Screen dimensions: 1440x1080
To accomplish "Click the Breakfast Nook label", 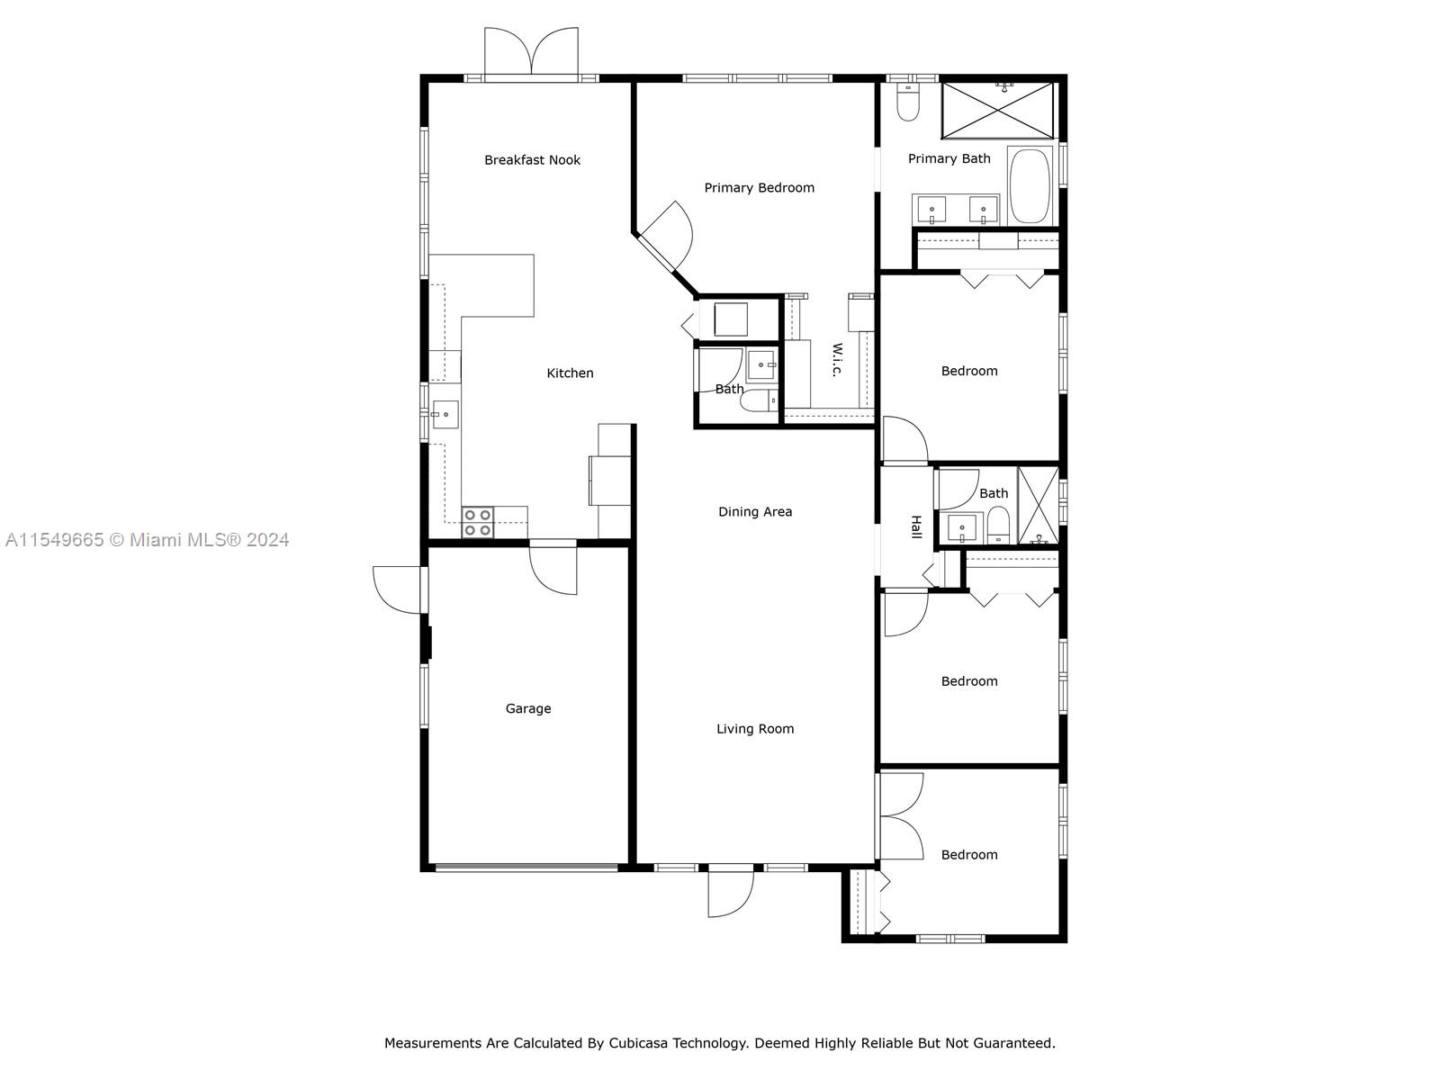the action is [x=532, y=160].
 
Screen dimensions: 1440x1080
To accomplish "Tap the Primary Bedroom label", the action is [x=759, y=188].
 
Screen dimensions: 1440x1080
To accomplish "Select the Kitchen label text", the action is [x=570, y=373].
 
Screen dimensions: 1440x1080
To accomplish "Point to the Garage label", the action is [x=528, y=709].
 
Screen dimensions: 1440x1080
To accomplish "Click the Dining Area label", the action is [x=755, y=511].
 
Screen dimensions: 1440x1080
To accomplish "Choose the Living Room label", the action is [x=755, y=728].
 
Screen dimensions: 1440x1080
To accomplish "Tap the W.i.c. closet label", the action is [x=837, y=359].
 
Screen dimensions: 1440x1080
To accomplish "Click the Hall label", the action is [x=916, y=527].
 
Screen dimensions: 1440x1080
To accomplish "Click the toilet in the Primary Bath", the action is [x=908, y=103].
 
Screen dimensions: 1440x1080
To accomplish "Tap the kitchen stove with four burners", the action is [x=478, y=523].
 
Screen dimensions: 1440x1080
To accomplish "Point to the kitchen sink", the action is [x=445, y=414].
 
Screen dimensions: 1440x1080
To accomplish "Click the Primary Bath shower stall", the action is [x=997, y=110].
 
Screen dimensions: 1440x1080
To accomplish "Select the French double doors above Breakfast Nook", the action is [x=531, y=52].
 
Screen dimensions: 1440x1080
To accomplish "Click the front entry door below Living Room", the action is [x=731, y=892].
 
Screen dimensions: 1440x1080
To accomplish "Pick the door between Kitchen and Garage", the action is [x=553, y=568].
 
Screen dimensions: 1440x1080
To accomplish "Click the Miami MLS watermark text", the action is [x=147, y=540].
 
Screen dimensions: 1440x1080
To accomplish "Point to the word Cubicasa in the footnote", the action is [x=638, y=1042].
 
